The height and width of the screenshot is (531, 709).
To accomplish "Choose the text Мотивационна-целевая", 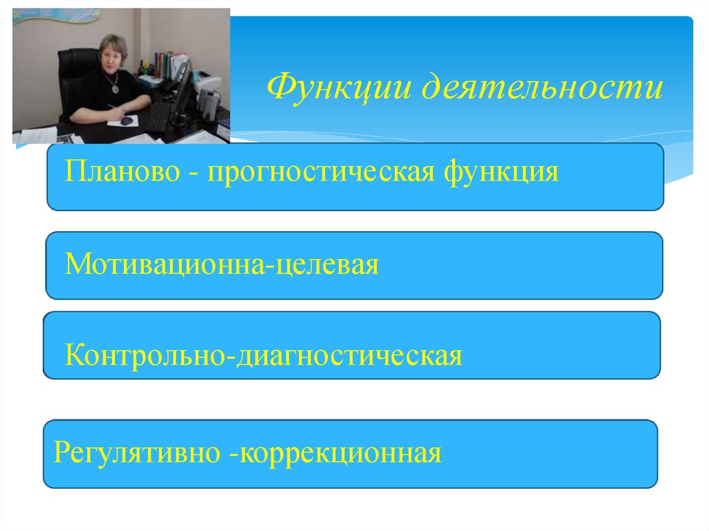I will (222, 264).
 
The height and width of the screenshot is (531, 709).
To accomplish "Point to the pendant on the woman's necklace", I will (111, 89).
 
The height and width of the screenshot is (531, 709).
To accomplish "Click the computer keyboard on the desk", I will (156, 118).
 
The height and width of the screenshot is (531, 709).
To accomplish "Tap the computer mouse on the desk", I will (127, 120).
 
